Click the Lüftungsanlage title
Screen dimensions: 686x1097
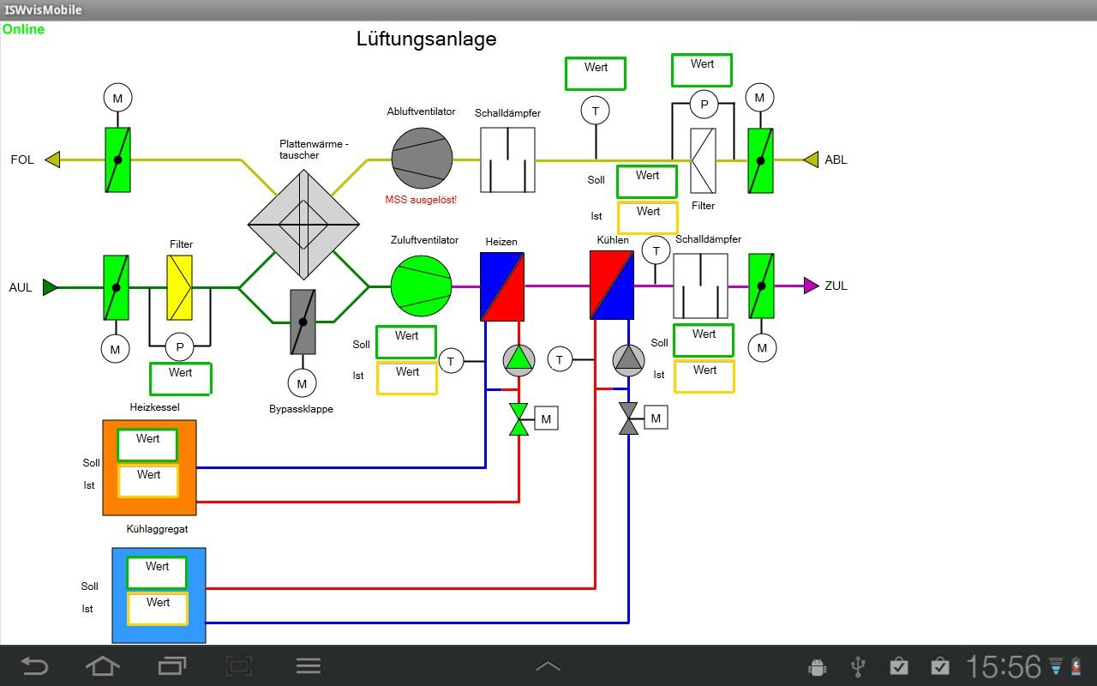coord(426,39)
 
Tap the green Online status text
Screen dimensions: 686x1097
coord(23,29)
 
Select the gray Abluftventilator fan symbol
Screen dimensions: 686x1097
coord(422,158)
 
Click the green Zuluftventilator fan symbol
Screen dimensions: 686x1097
coord(421,286)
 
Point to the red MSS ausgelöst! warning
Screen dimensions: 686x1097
coord(421,200)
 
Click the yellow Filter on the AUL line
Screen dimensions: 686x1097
coord(180,286)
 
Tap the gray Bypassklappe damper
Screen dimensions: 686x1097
coord(303,322)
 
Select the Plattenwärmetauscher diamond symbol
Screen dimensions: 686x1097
coord(303,224)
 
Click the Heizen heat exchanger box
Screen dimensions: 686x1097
coord(502,286)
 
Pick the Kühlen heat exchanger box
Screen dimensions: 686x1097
coord(612,285)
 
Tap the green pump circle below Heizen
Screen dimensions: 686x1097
coord(519,360)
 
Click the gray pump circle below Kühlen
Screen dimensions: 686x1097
coord(628,360)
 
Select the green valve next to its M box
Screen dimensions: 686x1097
coord(519,419)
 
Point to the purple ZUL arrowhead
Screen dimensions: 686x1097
coord(811,286)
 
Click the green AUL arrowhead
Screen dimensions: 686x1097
coord(51,287)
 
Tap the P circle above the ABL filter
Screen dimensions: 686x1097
coord(704,105)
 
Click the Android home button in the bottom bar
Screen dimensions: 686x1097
coord(102,665)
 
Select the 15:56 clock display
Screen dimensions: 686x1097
coord(1004,666)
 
